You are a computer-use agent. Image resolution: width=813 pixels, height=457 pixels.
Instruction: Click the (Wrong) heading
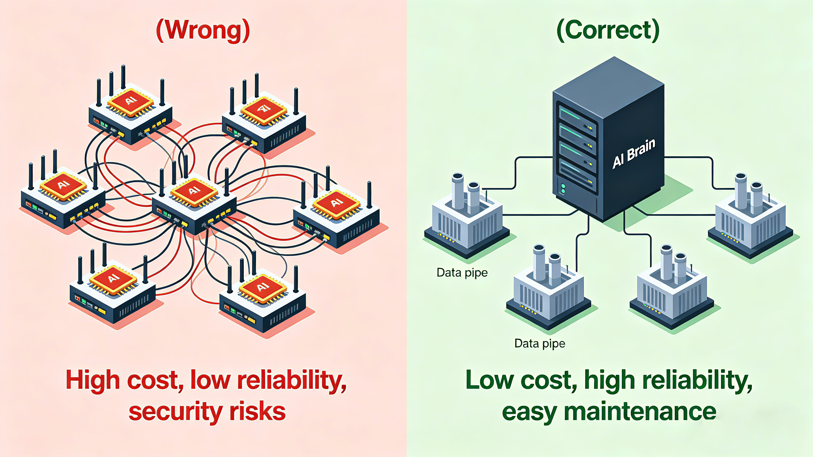[203, 31]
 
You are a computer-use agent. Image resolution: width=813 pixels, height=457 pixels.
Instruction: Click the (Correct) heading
[608, 31]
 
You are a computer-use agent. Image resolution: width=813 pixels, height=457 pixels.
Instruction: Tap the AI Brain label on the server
[633, 153]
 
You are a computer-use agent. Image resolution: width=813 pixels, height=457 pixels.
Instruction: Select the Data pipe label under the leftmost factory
[462, 272]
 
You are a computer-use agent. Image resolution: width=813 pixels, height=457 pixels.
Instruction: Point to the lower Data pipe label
[540, 343]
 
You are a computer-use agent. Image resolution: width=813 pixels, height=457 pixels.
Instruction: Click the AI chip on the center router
[194, 191]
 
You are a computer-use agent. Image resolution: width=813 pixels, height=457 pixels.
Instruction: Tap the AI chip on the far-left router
[63, 184]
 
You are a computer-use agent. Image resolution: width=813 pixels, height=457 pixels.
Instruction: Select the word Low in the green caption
[490, 380]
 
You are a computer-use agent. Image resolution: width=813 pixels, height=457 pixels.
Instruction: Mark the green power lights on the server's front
[563, 189]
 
